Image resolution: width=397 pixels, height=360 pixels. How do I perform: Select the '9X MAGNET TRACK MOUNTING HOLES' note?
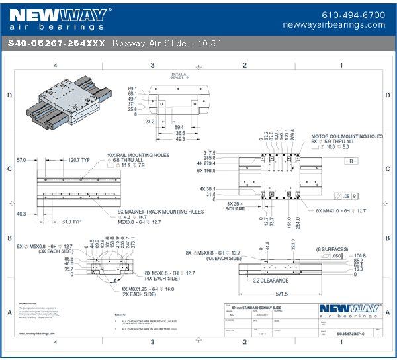(x=156, y=212)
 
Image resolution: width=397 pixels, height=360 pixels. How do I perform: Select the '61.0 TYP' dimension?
(x=71, y=222)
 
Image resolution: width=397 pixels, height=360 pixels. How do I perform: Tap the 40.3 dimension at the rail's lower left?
(x=21, y=214)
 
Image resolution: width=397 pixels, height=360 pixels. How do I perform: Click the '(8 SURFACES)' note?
(x=335, y=248)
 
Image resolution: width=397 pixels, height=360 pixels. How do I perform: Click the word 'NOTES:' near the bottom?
(x=120, y=315)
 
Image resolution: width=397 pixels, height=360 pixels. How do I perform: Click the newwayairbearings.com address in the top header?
(x=333, y=24)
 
